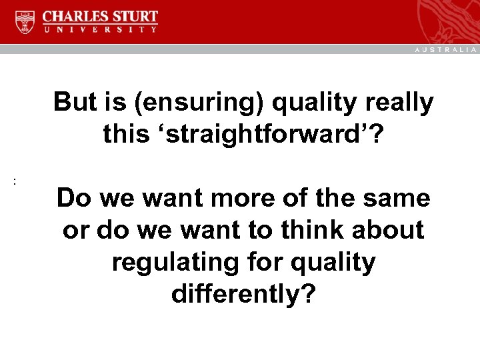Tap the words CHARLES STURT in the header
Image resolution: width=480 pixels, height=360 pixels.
click(x=101, y=16)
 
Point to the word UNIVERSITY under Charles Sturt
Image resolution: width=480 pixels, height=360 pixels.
click(x=101, y=30)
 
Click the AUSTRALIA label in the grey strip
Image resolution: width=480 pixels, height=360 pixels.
click(x=446, y=49)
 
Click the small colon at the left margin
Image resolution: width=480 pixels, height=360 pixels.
click(x=14, y=181)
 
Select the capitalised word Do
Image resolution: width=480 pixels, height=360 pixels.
click(x=72, y=198)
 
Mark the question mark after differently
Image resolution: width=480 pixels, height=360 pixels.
click(x=307, y=293)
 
